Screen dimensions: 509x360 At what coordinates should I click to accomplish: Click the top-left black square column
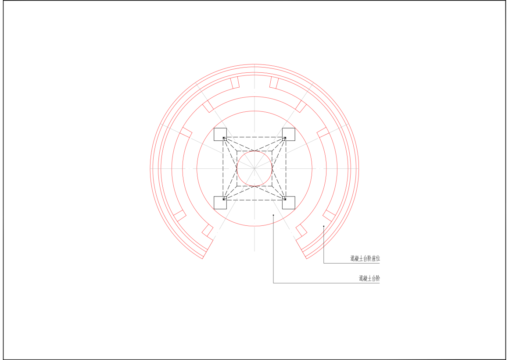pyautogui.click(x=220, y=134)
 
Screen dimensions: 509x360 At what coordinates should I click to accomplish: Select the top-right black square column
pyautogui.click(x=289, y=134)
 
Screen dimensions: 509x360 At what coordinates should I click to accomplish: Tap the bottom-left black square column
pyautogui.click(x=220, y=203)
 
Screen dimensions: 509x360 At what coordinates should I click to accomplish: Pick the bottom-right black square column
pyautogui.click(x=289, y=203)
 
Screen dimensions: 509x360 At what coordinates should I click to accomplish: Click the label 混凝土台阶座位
pyautogui.click(x=365, y=258)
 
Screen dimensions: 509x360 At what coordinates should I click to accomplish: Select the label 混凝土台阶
pyautogui.click(x=369, y=278)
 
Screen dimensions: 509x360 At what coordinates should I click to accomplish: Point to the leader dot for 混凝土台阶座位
pyautogui.click(x=324, y=226)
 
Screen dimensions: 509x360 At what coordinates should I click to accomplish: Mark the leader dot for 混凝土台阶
pyautogui.click(x=273, y=215)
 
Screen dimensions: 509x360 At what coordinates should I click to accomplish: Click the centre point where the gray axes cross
pyautogui.click(x=254, y=168)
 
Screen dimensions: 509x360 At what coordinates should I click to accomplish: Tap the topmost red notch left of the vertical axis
pyautogui.click(x=235, y=82)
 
